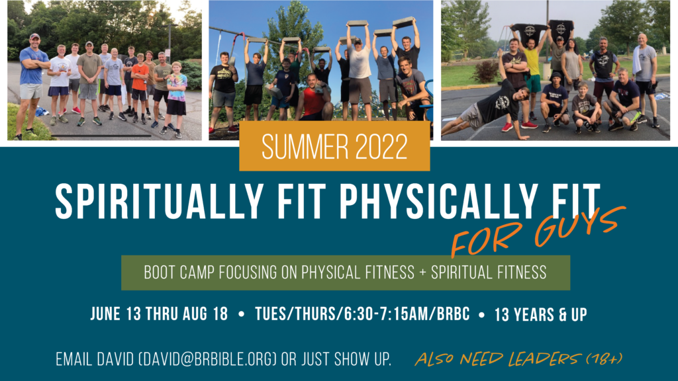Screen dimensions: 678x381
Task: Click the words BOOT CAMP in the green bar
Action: pyautogui.click(x=179, y=273)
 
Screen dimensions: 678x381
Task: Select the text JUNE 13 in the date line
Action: pyautogui.click(x=116, y=314)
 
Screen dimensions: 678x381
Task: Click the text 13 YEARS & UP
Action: pyautogui.click(x=540, y=314)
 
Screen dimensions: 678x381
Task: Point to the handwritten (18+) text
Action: pyautogui.click(x=604, y=359)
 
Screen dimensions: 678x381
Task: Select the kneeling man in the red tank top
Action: pyautogui.click(x=313, y=99)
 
